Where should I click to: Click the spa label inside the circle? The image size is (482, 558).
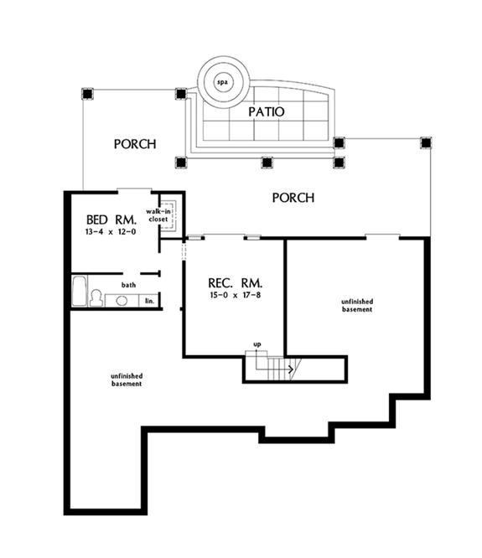point(223,83)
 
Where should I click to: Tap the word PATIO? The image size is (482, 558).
point(267,111)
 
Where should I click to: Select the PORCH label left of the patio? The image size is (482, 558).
point(135,144)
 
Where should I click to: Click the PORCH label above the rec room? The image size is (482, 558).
point(293,199)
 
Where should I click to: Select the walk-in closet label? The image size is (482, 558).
point(159,216)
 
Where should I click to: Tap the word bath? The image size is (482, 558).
point(128,286)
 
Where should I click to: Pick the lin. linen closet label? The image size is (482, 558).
point(149,299)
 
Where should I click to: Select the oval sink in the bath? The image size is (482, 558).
point(122,300)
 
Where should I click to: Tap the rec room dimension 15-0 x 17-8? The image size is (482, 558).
point(220,295)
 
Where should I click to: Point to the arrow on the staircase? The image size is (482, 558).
point(289,367)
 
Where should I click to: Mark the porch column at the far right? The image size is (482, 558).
point(427,142)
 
